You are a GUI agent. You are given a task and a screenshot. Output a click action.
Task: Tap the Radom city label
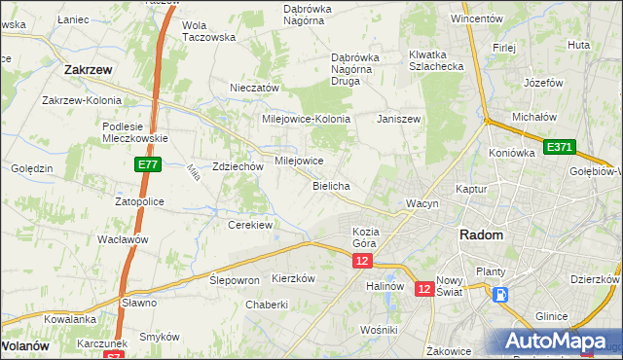482,235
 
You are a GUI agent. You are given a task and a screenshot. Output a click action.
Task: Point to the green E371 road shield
559,147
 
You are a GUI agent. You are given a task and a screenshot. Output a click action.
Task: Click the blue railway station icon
500,295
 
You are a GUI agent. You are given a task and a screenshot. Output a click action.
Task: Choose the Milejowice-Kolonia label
306,119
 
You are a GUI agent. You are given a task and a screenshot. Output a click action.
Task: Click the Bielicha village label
331,185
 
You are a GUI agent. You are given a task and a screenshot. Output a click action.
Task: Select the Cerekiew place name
250,225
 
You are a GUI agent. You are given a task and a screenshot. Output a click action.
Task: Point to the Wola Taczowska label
209,31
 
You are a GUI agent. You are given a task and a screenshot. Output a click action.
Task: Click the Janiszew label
398,119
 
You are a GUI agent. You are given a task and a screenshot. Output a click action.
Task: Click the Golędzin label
31,168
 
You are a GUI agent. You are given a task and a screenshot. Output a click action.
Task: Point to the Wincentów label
476,18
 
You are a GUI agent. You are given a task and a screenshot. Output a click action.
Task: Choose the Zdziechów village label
238,166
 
